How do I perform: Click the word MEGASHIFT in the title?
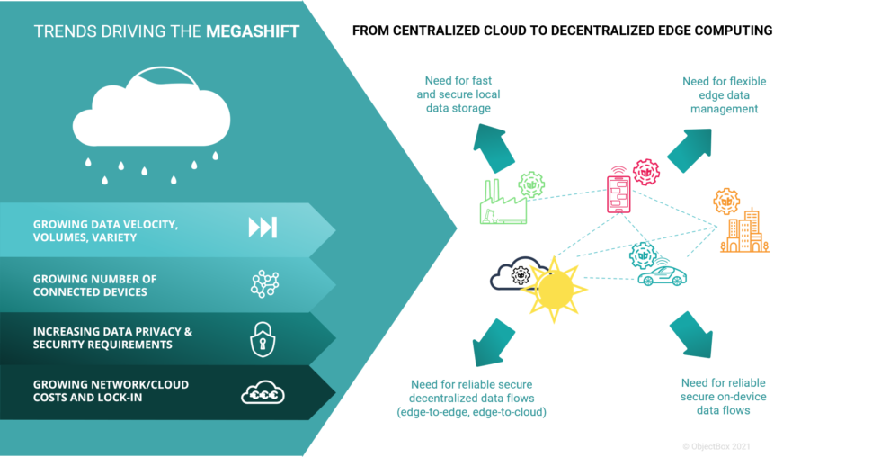pyautogui.click(x=253, y=32)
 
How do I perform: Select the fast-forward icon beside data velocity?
pyautogui.click(x=263, y=228)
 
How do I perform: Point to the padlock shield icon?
pyautogui.click(x=263, y=338)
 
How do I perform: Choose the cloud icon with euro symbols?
pyautogui.click(x=263, y=393)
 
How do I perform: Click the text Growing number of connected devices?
pyautogui.click(x=94, y=285)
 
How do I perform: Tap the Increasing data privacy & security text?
pyautogui.click(x=112, y=338)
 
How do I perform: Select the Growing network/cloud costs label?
pyautogui.click(x=111, y=390)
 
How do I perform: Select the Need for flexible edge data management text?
pyautogui.click(x=724, y=94)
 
